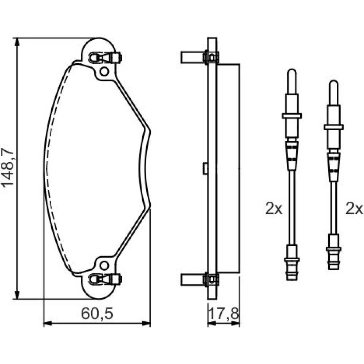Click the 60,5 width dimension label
point(97,314)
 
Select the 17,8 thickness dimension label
point(224,314)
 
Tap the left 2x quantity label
point(274,209)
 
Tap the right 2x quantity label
point(354,209)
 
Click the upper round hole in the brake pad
point(104,71)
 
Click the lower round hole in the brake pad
point(104,266)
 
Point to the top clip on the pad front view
point(106,58)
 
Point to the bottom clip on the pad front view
point(106,279)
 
